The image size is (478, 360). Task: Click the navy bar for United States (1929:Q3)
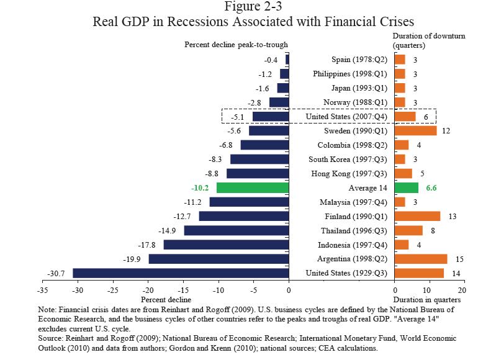tap(181, 273)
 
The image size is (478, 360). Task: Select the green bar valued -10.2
tap(252, 187)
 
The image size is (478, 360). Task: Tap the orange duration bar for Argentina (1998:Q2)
tap(420, 259)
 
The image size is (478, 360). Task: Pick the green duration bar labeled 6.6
tap(406, 187)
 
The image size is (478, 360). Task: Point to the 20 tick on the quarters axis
tap(461, 290)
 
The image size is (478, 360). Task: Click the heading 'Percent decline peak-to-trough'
tap(237, 45)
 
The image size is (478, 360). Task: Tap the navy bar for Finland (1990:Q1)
tap(243, 216)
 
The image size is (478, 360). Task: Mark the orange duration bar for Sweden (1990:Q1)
tap(415, 131)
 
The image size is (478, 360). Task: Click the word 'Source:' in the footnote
tap(52, 338)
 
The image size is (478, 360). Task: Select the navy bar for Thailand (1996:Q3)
tap(236, 230)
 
